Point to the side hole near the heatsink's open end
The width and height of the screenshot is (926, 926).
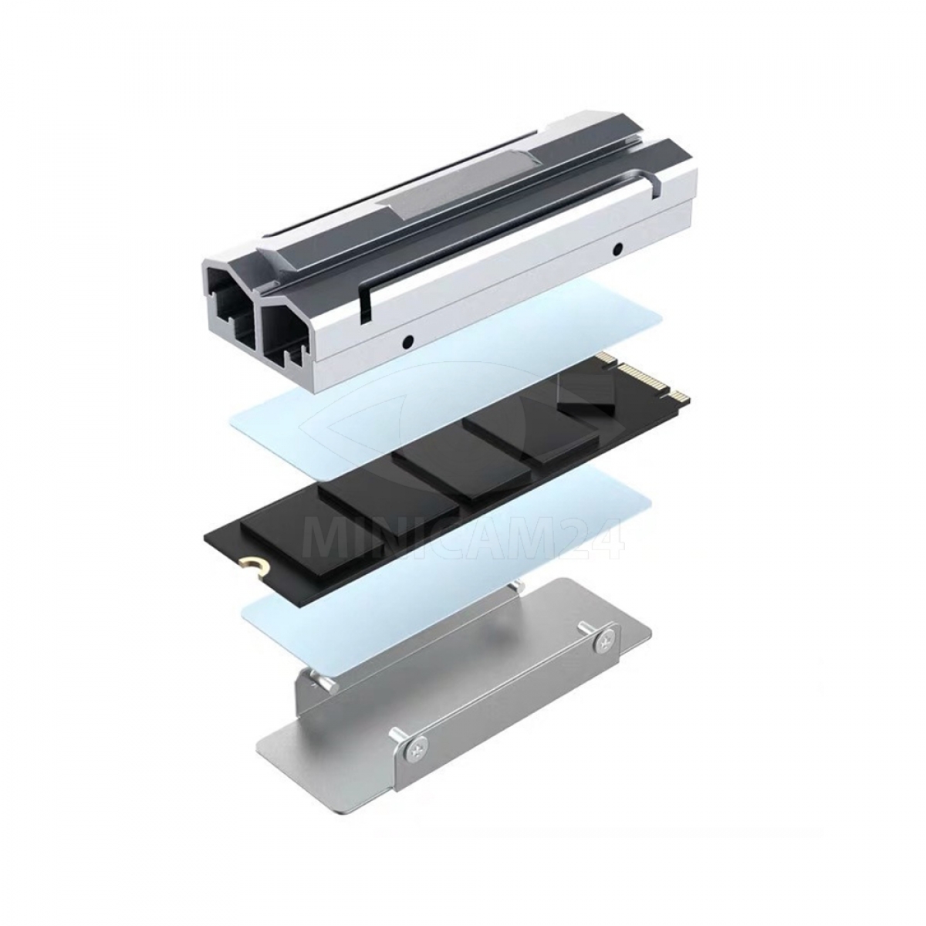(x=407, y=340)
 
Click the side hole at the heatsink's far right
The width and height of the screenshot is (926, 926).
(x=618, y=248)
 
